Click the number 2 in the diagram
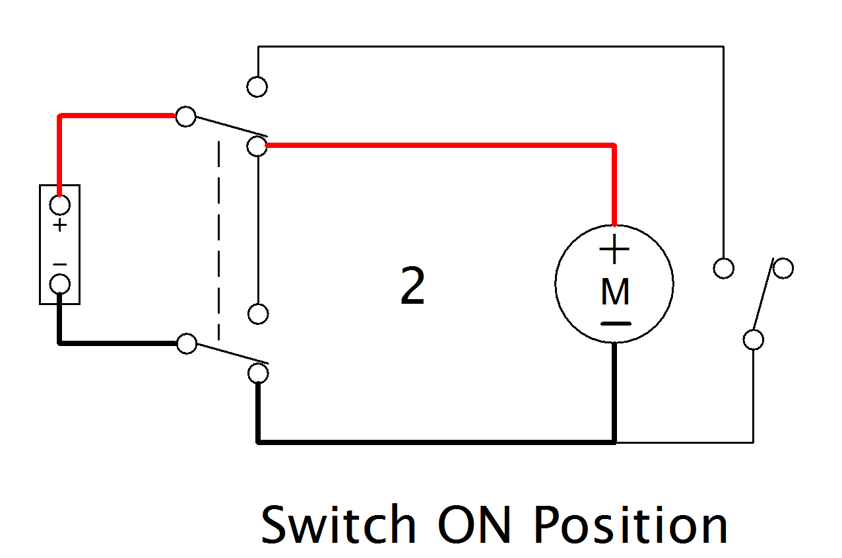coord(412,287)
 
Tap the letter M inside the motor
coord(615,292)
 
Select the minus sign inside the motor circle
coord(615,324)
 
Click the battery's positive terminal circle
coord(59,205)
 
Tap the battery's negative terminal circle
coord(59,284)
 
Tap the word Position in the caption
coord(630,524)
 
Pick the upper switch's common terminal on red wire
coord(186,117)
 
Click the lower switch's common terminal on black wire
coord(187,343)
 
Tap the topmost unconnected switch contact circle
coord(257,87)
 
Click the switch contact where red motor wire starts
coord(257,146)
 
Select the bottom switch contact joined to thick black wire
coord(258,374)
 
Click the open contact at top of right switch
coord(783,268)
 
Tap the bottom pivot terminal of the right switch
coord(753,339)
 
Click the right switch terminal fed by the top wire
coord(724,268)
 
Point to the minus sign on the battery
coord(60,264)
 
